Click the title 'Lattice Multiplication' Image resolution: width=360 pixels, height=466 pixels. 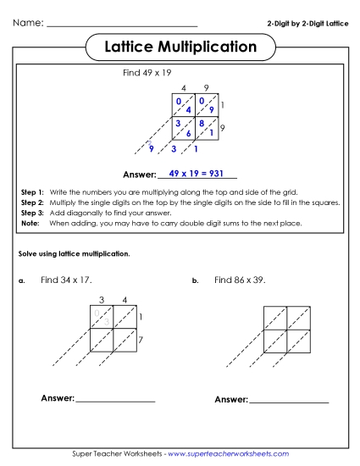point(180,47)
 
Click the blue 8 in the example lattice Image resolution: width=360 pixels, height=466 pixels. point(202,124)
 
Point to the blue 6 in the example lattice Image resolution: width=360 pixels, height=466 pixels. point(188,133)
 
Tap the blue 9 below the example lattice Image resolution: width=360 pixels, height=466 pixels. point(151,150)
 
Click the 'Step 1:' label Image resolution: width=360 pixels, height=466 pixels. point(31,193)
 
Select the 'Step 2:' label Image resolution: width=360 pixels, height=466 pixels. point(31,203)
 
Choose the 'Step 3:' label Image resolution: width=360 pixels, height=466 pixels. point(31,214)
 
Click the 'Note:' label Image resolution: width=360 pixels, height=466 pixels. point(30,224)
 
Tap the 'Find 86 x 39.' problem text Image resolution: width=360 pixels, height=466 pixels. point(240,280)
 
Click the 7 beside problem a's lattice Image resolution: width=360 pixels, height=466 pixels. point(141,340)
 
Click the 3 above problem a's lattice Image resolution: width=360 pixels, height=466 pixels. point(101,299)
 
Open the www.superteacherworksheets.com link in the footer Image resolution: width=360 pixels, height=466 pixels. point(224,455)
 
